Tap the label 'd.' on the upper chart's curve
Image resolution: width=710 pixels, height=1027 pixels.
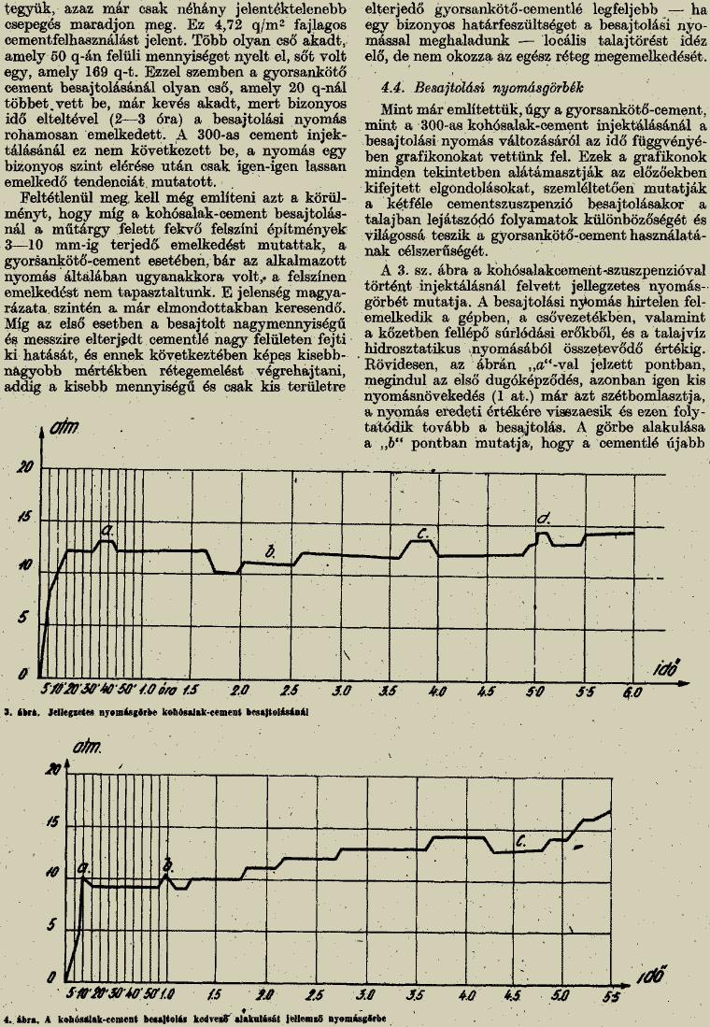tap(544, 517)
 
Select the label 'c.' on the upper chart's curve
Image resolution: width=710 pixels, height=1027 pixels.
tap(422, 534)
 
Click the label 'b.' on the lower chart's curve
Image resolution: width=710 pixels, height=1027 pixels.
tap(168, 862)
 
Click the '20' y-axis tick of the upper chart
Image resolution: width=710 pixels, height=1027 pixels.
tap(26, 467)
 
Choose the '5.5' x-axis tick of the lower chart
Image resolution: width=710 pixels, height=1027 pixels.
tap(612, 996)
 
